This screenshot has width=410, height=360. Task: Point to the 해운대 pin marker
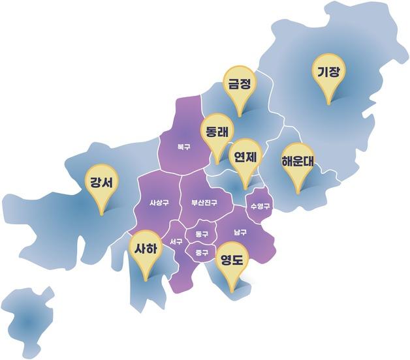298,162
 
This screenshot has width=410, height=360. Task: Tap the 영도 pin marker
232,261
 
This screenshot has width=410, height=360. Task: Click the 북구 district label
183,147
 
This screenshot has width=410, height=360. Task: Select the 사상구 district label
159,203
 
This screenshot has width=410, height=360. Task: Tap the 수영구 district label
260,206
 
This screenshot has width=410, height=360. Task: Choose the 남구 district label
240,232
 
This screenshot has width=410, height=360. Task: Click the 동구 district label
201,233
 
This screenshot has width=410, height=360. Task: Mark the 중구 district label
201,252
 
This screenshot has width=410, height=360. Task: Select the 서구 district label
176,243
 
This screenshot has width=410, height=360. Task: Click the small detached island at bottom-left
27,320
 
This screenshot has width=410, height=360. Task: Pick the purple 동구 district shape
201,230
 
